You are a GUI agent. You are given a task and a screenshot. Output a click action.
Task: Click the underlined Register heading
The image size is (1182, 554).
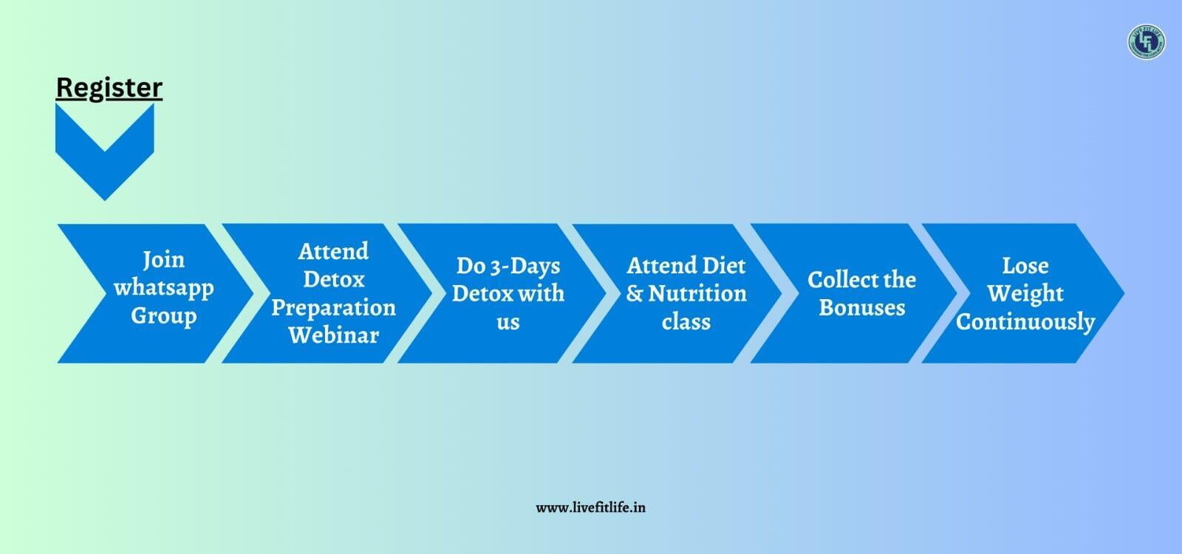(109, 88)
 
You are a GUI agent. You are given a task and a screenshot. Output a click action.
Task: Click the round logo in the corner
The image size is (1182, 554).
(1146, 41)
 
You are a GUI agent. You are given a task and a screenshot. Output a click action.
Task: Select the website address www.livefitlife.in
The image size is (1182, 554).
(590, 507)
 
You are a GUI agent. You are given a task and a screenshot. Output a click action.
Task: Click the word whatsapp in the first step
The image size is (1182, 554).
(163, 288)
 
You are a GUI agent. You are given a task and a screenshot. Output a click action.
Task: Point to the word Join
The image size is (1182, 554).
(163, 260)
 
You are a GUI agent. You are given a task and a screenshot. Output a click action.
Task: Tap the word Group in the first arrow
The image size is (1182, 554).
(163, 316)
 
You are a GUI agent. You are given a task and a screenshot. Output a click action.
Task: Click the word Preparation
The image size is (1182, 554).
(333, 307)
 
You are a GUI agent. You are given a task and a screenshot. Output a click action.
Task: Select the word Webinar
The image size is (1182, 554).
(333, 335)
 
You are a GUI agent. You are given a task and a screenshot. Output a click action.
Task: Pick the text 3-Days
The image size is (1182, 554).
(525, 266)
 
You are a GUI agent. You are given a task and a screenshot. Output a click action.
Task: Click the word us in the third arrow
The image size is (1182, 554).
(508, 322)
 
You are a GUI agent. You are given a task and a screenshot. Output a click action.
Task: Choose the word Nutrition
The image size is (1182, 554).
(697, 293)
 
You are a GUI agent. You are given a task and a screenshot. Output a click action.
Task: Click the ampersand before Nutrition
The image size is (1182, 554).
(635, 294)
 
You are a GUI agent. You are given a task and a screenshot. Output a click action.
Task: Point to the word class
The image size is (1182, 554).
(686, 321)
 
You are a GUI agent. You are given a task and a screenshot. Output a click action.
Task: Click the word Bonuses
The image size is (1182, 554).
(862, 307)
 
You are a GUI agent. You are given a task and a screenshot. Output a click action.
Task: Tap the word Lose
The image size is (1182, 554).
(1025, 265)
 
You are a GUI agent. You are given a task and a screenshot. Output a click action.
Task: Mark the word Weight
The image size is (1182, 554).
(1025, 294)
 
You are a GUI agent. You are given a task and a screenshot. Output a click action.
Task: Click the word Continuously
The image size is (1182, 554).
(1025, 322)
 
